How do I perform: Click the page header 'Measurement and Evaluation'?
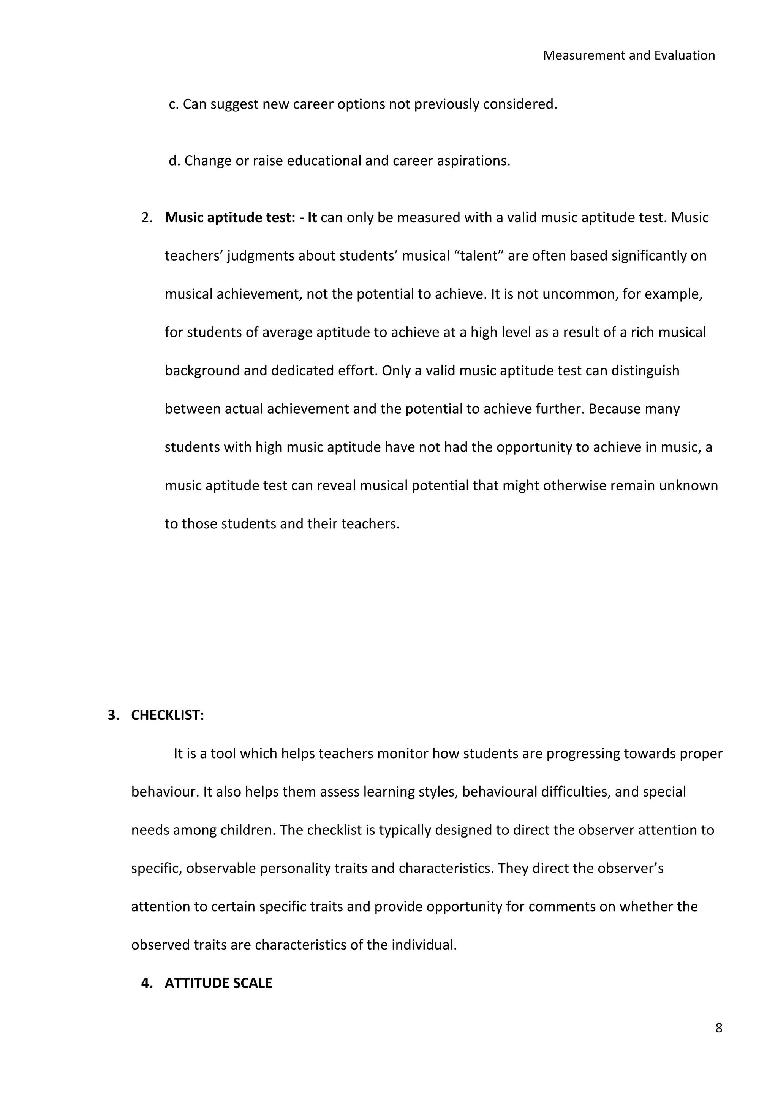[x=629, y=55]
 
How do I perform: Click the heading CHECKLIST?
[x=168, y=715]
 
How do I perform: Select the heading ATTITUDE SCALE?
[x=218, y=983]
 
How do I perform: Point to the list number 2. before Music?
[x=147, y=218]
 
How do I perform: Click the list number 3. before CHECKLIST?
[x=113, y=715]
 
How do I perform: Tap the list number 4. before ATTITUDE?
[x=147, y=983]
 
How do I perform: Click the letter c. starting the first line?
[x=174, y=104]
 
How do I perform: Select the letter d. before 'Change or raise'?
[x=174, y=161]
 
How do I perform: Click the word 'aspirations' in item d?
[x=475, y=161]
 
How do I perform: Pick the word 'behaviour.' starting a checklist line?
[x=165, y=792]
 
